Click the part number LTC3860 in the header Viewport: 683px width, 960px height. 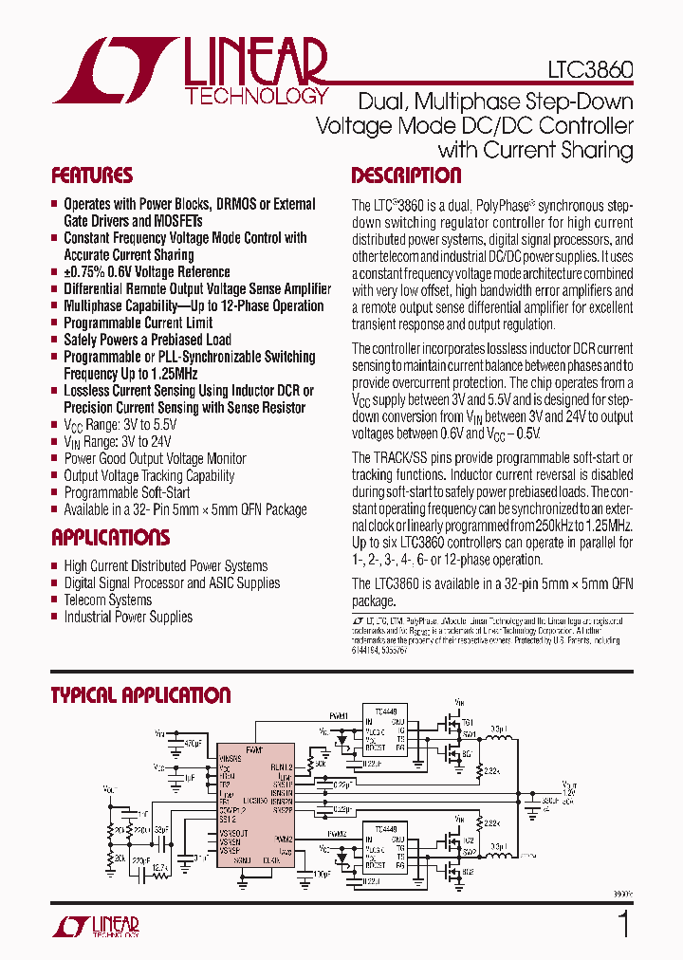click(x=589, y=71)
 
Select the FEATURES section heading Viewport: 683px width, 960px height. click(x=92, y=175)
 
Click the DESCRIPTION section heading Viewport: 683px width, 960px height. click(x=406, y=175)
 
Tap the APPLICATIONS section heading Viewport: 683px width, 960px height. click(x=111, y=538)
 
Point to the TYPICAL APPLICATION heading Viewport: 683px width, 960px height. click(x=140, y=695)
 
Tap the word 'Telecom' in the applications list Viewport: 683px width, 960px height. click(x=86, y=600)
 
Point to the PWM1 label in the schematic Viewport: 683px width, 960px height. click(x=339, y=716)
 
